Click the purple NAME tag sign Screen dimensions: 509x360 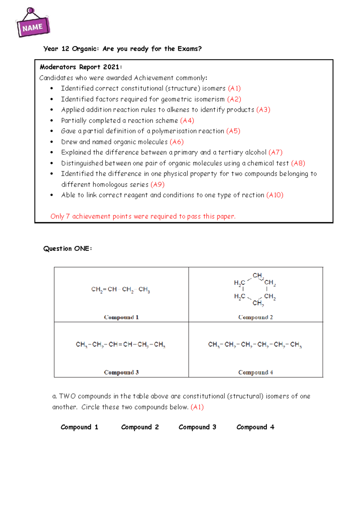click(32, 27)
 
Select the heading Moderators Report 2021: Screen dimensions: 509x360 click(81, 67)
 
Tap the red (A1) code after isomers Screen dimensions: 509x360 click(234, 88)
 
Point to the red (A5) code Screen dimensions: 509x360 click(233, 131)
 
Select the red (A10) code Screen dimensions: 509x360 click(274, 195)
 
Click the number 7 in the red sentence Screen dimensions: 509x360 click(68, 216)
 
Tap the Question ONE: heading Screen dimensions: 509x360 click(67, 248)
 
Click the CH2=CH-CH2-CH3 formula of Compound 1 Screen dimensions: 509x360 click(121, 289)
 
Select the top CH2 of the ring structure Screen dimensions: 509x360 click(258, 275)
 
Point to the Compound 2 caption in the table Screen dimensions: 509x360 click(255, 317)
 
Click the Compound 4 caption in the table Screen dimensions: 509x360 click(255, 372)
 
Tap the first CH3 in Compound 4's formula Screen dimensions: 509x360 click(213, 345)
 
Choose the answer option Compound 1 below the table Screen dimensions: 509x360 click(79, 427)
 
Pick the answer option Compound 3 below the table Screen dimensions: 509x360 click(197, 427)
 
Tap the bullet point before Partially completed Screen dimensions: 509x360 click(52, 120)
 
